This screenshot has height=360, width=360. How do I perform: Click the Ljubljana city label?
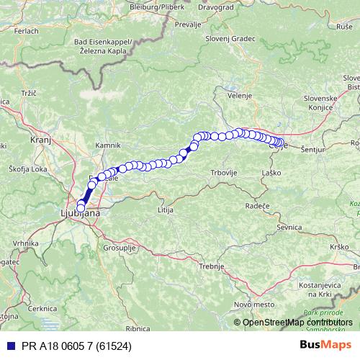point(79,213)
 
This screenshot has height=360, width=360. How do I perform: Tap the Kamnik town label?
point(108,145)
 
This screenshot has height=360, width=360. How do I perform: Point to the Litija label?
point(166,209)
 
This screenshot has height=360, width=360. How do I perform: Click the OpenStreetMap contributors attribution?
point(297,322)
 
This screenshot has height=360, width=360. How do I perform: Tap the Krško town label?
point(339,247)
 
